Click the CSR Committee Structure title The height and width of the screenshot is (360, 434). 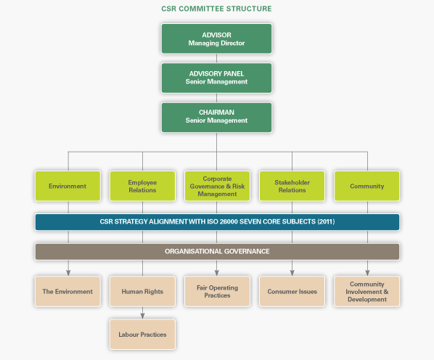[216, 9]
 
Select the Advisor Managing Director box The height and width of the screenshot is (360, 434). [216, 38]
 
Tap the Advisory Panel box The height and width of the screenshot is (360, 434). [216, 78]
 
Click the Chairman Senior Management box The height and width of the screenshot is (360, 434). [216, 118]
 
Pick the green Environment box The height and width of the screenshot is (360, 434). [67, 186]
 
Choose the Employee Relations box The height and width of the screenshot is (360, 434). [142, 186]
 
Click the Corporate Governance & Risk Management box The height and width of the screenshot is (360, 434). [217, 186]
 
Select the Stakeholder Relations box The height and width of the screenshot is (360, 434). [292, 186]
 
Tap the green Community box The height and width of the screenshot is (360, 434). [367, 186]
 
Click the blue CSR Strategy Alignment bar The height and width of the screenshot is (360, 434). [217, 222]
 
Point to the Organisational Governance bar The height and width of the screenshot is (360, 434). [217, 252]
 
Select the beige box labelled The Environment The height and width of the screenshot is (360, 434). [67, 291]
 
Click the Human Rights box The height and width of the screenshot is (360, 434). [142, 291]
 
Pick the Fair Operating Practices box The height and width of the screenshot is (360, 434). [217, 291]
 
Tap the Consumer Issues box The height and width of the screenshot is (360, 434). [292, 291]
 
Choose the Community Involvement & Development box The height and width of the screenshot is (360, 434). [367, 291]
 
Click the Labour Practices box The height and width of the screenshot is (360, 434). [142, 335]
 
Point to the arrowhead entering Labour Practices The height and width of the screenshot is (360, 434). [142, 316]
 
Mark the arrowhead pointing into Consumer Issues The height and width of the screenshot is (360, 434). [292, 273]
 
